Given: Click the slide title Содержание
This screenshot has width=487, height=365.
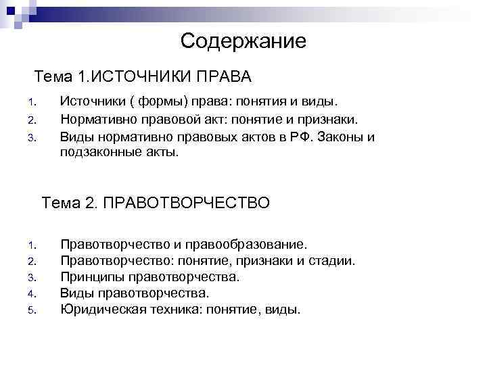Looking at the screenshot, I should [x=243, y=42].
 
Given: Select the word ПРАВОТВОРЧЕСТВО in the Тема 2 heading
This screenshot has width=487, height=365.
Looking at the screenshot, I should [x=187, y=203].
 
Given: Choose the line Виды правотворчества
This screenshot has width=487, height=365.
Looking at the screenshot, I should [x=135, y=293].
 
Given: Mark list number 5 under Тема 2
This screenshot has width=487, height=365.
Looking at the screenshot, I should [x=31, y=311].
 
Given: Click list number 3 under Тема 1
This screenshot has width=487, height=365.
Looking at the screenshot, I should [x=31, y=138].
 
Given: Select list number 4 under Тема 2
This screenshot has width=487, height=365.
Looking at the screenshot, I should [x=31, y=294].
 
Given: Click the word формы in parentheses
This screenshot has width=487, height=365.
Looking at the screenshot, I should [x=163, y=102].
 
